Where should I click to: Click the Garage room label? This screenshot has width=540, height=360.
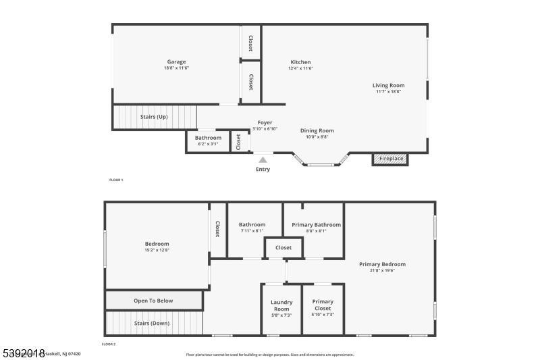(176, 62)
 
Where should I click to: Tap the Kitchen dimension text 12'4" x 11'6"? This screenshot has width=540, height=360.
(300, 68)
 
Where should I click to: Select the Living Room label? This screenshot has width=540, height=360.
(389, 85)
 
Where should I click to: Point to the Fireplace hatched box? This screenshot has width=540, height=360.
(390, 159)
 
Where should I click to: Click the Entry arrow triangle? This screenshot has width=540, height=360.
(263, 160)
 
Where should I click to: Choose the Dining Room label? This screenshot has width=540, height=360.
(317, 130)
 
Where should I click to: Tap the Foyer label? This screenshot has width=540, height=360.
(265, 122)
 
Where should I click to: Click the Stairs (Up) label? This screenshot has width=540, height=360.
(154, 117)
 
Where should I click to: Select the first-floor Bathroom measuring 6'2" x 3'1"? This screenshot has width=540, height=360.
(209, 140)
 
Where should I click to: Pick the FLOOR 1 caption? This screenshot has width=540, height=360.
(116, 180)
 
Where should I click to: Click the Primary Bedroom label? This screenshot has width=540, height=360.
(382, 264)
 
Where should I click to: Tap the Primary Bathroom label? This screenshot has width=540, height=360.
(316, 224)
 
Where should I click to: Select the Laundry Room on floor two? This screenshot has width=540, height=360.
(281, 308)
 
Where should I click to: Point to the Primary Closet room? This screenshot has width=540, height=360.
(323, 308)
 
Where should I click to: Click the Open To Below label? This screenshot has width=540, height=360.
(153, 301)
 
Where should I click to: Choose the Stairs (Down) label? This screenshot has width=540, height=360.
(152, 323)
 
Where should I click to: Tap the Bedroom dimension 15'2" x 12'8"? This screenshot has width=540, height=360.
(157, 250)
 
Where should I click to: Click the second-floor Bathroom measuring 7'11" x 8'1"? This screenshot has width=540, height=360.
(252, 228)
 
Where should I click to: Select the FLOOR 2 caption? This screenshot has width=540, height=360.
(109, 344)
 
